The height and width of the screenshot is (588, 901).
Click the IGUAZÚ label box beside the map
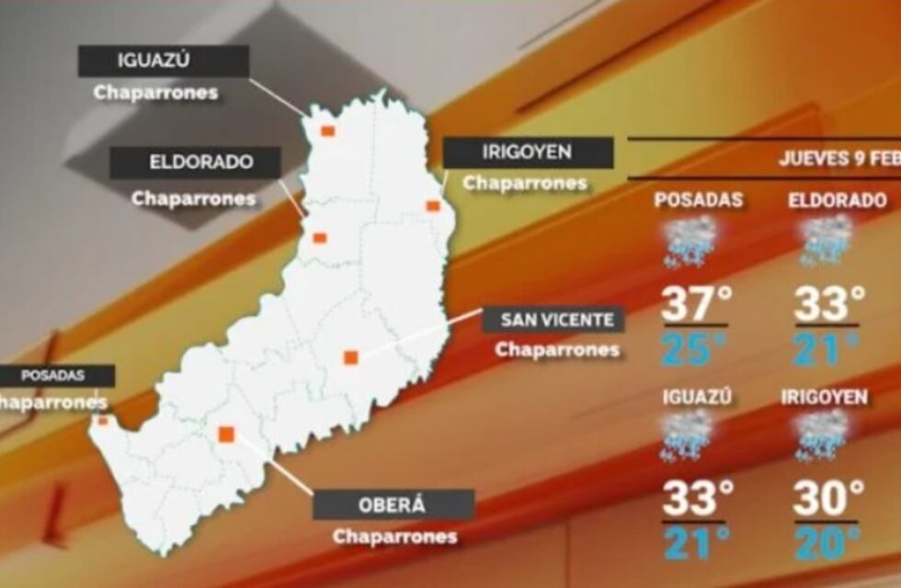coord(164,62)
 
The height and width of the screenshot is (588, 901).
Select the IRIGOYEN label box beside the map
coord(528,153)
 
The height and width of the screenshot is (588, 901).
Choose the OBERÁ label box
coord(393,504)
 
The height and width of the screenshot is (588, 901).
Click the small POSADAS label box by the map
coord(55,376)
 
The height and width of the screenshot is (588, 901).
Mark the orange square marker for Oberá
coord(226,434)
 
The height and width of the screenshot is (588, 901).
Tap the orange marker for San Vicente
coord(350,357)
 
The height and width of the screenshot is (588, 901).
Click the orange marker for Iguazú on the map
coord(327,131)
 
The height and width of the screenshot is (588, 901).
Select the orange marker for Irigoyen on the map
coord(433,206)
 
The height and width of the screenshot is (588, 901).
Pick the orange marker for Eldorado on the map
coord(319,238)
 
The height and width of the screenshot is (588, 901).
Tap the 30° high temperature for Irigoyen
coord(828,500)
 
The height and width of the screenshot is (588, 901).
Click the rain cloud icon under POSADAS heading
coord(690,241)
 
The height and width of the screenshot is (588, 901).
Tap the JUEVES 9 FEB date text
coord(838,158)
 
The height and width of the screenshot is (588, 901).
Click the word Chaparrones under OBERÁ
coord(394,537)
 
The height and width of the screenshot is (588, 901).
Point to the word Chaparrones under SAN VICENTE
coord(556,350)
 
